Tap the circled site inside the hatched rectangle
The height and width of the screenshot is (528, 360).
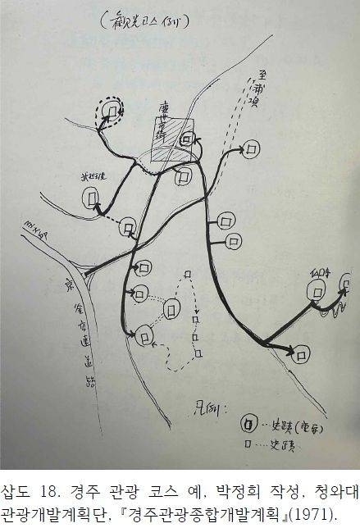[x=187, y=140]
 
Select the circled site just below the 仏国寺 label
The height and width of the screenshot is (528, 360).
[x=316, y=289]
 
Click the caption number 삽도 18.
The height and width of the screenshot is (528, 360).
[x=25, y=491]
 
